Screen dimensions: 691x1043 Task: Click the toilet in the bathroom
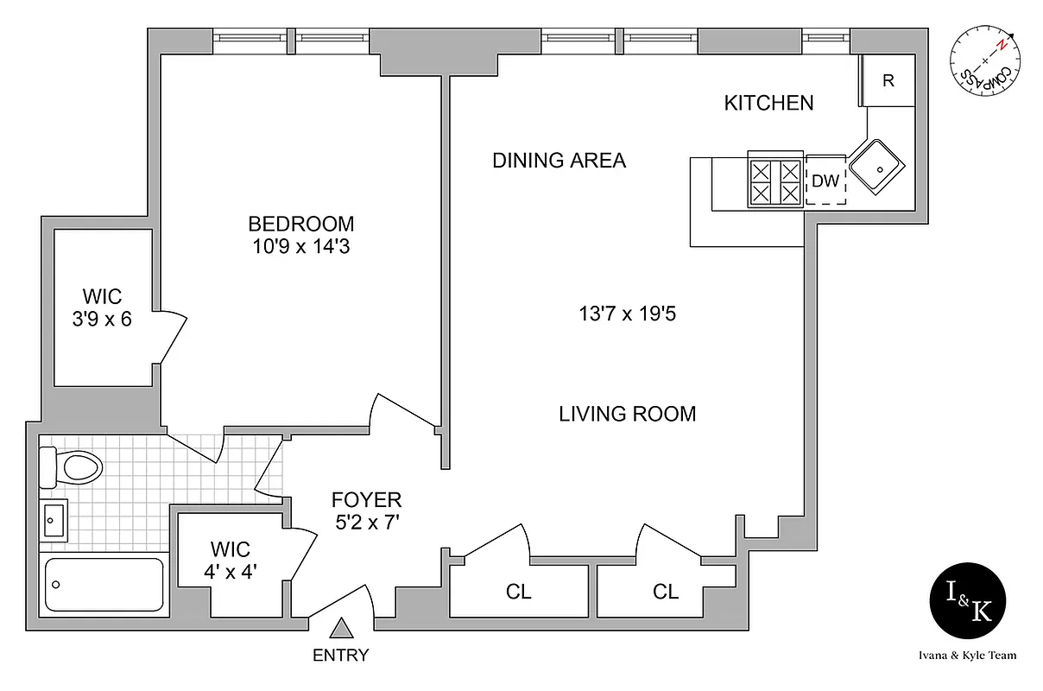pyautogui.click(x=73, y=467)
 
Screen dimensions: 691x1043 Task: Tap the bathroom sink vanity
pyautogui.click(x=54, y=520)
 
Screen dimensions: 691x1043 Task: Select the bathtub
pyautogui.click(x=104, y=585)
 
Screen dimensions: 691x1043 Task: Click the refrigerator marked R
pyautogui.click(x=888, y=81)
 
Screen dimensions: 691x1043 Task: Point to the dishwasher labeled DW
pyautogui.click(x=826, y=181)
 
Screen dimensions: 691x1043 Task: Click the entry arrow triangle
pyautogui.click(x=343, y=628)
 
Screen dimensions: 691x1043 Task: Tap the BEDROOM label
pyautogui.click(x=301, y=224)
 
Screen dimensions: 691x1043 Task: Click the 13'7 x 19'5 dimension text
pyautogui.click(x=627, y=314)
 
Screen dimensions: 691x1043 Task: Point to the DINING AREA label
pyautogui.click(x=559, y=161)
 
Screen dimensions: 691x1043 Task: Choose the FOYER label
pyautogui.click(x=367, y=500)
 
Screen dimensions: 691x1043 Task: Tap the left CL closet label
pyautogui.click(x=519, y=592)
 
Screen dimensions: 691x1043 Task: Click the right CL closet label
pyautogui.click(x=666, y=592)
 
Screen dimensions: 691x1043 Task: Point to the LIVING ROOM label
pyautogui.click(x=627, y=414)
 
